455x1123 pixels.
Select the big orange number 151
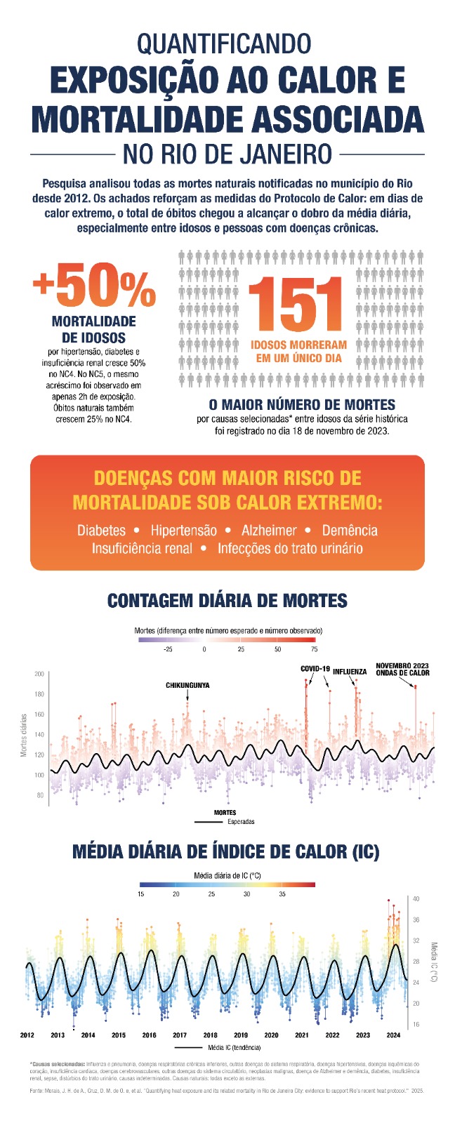[298, 305]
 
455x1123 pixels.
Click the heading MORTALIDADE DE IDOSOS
[94, 330]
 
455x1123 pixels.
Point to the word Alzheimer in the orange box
[269, 531]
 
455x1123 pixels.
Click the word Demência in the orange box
[350, 531]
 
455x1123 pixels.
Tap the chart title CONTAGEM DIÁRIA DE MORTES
[227, 602]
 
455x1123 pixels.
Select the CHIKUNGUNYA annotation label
[187, 685]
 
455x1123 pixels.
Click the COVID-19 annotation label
[315, 669]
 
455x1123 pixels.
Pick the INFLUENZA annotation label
[350, 672]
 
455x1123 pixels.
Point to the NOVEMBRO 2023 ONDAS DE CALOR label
[402, 669]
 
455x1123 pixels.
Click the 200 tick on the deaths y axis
[39, 675]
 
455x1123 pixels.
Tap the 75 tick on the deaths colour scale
[314, 649]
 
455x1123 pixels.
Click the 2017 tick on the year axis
[180, 1035]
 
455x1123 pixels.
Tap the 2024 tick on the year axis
[393, 1035]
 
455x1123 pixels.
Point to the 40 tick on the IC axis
[416, 898]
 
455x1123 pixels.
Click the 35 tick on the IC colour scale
[282, 894]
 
